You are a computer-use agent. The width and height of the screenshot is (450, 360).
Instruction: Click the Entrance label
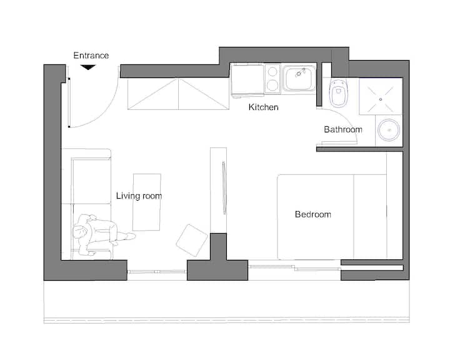tap(91, 56)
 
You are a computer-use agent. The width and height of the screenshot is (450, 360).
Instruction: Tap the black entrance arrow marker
tap(88, 67)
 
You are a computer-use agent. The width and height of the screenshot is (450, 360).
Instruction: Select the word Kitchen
tap(264, 107)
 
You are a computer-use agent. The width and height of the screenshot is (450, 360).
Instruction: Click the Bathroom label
tap(343, 129)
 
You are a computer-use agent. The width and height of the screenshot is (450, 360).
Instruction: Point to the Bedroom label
tap(313, 214)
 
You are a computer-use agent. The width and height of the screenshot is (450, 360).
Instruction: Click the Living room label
tap(139, 196)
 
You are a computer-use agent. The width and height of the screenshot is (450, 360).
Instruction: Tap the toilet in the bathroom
tap(339, 92)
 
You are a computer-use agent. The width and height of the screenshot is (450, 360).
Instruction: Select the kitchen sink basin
tap(299, 78)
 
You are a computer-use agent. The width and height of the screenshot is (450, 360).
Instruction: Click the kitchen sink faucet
tap(300, 72)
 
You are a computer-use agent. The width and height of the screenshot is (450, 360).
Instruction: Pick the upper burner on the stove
tap(272, 71)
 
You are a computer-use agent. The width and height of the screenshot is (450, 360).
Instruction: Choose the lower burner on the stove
tap(272, 86)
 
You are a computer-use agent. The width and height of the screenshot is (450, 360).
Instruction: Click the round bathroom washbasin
tap(389, 130)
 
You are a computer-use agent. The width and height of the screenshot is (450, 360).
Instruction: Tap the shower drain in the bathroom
tap(381, 99)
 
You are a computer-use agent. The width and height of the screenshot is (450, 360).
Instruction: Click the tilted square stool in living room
tap(192, 240)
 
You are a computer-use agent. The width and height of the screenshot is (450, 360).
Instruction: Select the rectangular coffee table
tap(147, 202)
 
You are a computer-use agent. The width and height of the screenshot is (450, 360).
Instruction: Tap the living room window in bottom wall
tap(157, 272)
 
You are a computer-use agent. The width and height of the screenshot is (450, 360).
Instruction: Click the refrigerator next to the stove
tap(247, 79)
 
